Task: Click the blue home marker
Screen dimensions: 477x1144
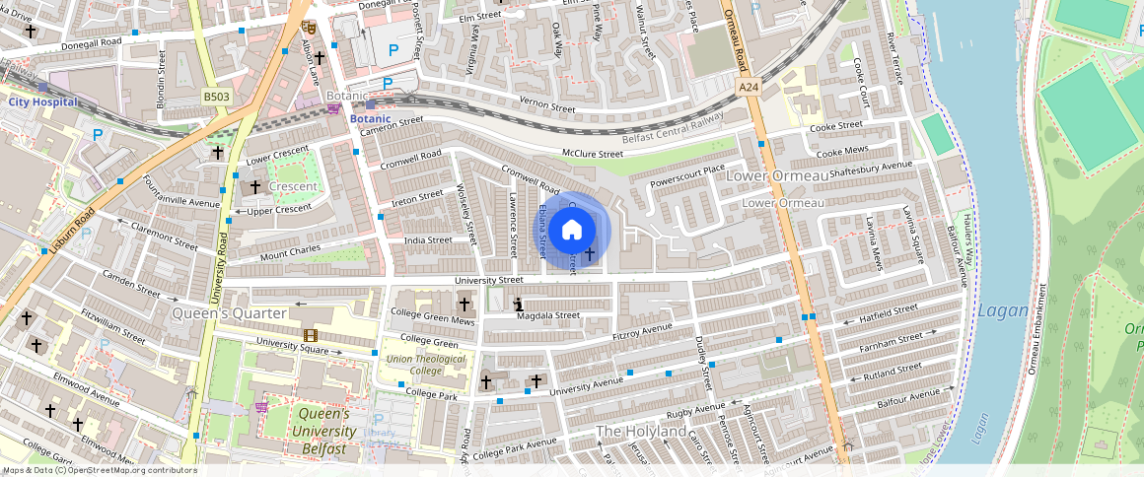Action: tap(572, 231)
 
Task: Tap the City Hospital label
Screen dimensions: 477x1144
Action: tap(42, 102)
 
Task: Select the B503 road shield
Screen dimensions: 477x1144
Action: tap(217, 97)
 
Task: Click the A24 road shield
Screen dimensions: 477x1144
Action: tap(749, 88)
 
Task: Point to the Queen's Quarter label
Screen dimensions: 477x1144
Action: tap(230, 313)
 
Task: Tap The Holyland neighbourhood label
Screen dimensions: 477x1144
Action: tap(641, 432)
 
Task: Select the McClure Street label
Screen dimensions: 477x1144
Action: tap(592, 154)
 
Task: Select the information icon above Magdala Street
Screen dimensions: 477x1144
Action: tap(519, 305)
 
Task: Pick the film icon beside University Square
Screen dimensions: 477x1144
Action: tap(311, 336)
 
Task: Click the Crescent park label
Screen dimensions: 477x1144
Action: tap(293, 186)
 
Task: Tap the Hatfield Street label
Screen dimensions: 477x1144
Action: tap(888, 312)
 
